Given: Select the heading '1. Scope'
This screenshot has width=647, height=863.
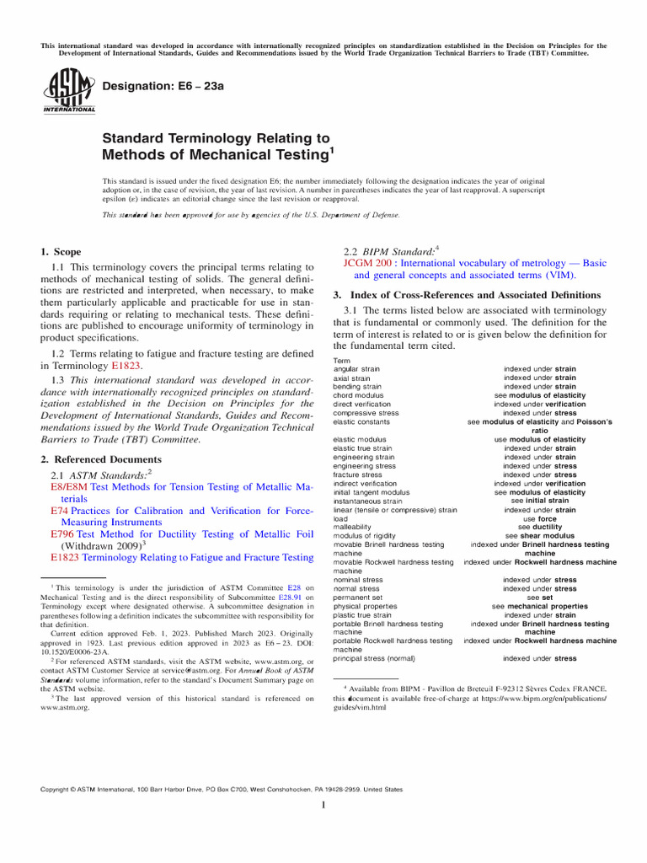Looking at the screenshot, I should (x=61, y=252).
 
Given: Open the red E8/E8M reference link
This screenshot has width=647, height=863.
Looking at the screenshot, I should (x=69, y=487).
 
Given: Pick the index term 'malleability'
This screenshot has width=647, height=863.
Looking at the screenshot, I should (x=354, y=527).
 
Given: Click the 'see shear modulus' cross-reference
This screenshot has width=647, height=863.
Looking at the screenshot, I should (x=539, y=535).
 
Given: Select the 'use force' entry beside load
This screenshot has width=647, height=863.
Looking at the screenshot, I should (x=539, y=518).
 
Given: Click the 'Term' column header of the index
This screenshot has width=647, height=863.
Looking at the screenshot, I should (x=342, y=361).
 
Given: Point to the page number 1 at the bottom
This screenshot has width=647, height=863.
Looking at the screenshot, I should (x=323, y=806).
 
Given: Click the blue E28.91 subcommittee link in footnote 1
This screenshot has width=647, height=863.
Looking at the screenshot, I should (x=289, y=597).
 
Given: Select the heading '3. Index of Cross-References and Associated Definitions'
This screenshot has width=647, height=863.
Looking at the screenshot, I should (x=467, y=295).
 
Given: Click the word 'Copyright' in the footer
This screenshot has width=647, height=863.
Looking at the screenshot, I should (x=57, y=790).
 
